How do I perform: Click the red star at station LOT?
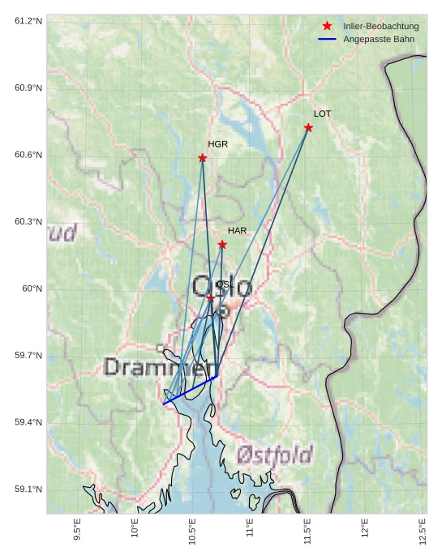click(308, 128)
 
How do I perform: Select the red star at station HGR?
click(202, 158)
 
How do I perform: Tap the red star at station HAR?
click(222, 245)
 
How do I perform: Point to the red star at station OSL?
click(211, 298)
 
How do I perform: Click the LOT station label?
click(322, 114)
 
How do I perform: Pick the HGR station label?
click(217, 144)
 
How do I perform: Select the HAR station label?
click(237, 231)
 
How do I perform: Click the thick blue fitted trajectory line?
click(190, 390)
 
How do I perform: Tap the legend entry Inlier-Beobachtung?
click(380, 27)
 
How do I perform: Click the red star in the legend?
click(327, 27)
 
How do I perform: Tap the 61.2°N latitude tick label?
click(28, 20)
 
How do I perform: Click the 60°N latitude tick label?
click(32, 289)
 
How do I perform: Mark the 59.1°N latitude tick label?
click(28, 489)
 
